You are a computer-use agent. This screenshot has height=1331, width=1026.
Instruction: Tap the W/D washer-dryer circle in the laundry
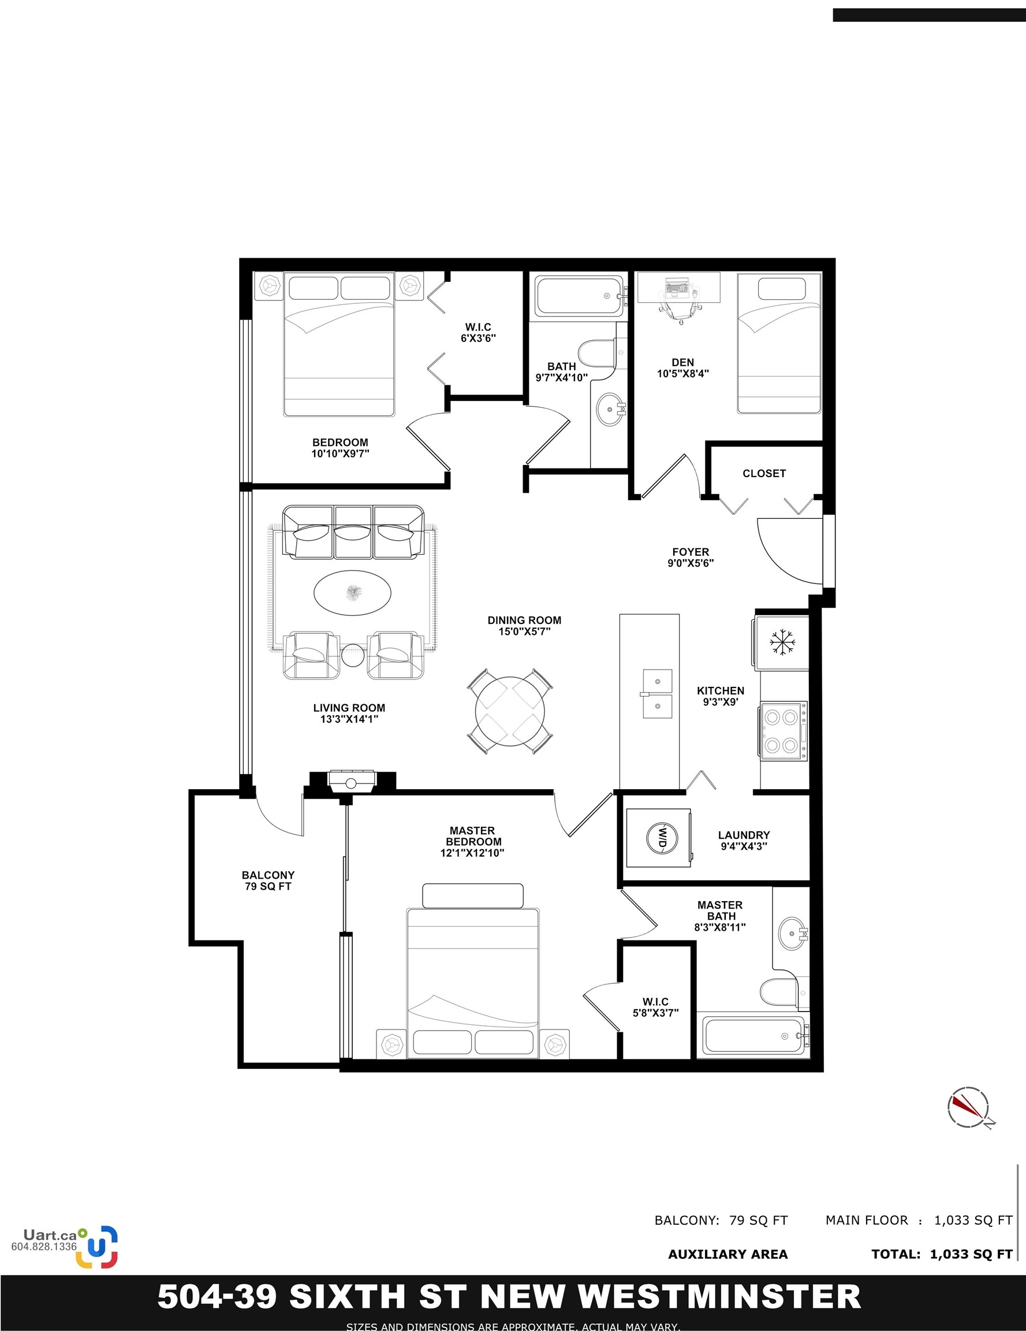tap(661, 836)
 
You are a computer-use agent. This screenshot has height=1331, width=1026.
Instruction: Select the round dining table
tap(510, 711)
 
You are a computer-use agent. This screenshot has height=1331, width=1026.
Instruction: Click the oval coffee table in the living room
tap(352, 592)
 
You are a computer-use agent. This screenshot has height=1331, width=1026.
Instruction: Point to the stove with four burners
tap(783, 731)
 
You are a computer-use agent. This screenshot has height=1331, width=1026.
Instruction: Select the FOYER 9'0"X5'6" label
tap(691, 557)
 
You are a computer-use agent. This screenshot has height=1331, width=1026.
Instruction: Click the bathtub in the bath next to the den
tap(578, 296)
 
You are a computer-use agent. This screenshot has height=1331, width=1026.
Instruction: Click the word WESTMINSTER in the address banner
tap(719, 1296)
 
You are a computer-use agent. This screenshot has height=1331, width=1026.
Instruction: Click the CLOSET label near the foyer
tap(764, 474)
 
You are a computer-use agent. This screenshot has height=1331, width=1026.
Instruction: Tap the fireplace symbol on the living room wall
tap(351, 782)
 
